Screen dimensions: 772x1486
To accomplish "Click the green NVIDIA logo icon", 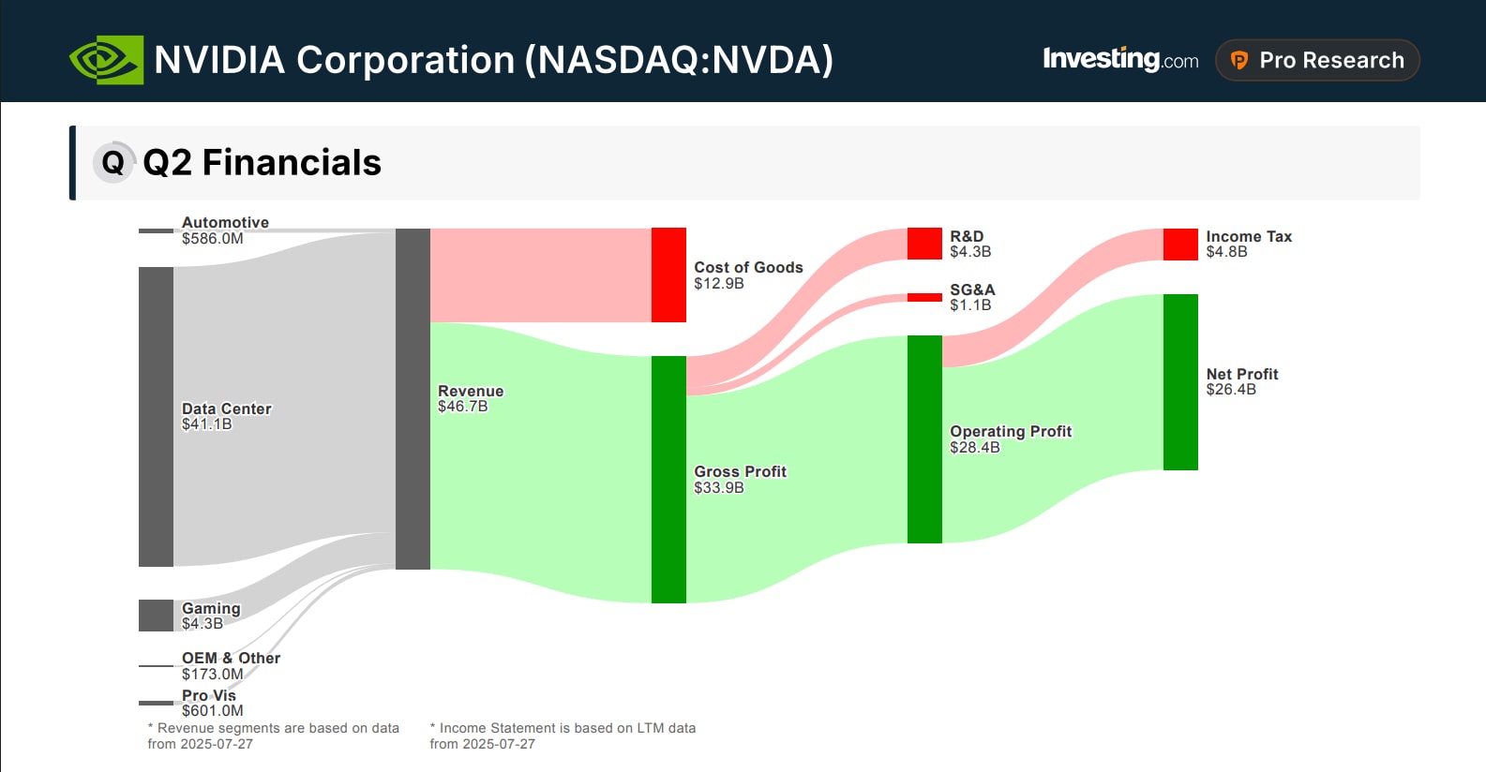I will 106,60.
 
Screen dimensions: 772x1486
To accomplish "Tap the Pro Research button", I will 1316,60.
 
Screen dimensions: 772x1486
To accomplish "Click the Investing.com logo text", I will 1119,60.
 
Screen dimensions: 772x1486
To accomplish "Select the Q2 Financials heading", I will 262,162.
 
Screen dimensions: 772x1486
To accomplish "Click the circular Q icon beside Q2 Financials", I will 113,162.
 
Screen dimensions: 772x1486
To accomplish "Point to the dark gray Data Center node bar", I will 156,416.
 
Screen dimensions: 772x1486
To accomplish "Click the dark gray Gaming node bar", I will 156,616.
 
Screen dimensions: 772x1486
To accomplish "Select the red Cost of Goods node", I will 668,275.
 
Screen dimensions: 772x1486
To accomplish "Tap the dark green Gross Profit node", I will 668,479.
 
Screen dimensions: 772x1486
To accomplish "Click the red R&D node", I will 924,244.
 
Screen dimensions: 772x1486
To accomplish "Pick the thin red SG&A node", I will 924,297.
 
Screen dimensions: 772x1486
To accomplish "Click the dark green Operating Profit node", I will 924,438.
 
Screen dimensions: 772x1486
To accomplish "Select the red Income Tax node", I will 1180,245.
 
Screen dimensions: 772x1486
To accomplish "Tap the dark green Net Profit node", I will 1180,381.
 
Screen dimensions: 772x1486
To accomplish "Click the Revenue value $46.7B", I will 462,407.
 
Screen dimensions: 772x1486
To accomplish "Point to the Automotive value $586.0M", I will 212,239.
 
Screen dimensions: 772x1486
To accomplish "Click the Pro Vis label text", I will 208,695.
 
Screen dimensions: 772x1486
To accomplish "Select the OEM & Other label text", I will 231,658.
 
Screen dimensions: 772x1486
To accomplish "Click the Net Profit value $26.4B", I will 1230,390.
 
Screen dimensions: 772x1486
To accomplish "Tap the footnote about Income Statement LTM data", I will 563,735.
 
